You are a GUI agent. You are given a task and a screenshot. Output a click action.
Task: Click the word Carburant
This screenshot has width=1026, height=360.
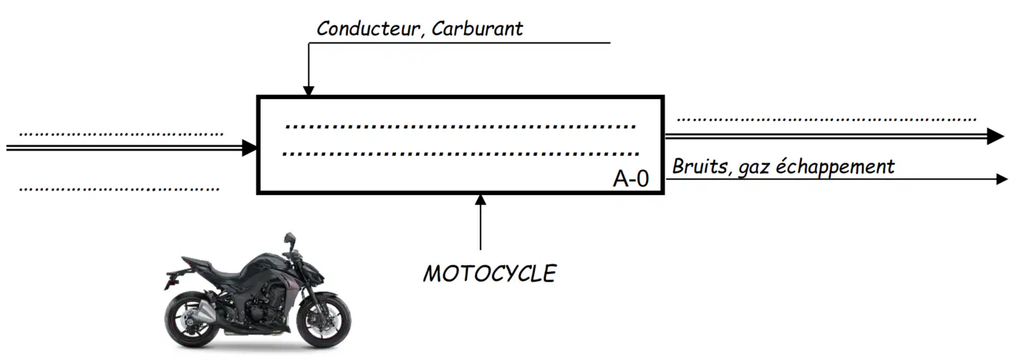[477, 28]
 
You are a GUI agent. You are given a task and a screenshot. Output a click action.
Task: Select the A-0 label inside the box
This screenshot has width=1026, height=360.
[631, 178]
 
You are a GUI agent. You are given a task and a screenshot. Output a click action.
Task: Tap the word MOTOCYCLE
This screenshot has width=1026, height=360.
[490, 273]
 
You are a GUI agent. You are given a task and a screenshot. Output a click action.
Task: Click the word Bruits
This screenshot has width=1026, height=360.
[700, 166]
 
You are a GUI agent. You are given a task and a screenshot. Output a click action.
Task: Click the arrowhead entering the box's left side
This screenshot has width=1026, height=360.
[249, 148]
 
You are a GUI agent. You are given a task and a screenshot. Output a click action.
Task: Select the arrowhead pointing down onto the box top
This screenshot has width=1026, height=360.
[309, 90]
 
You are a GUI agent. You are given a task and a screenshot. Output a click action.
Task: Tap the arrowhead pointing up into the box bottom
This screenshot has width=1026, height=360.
[480, 200]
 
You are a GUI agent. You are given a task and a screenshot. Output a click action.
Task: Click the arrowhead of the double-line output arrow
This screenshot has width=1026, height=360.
[995, 136]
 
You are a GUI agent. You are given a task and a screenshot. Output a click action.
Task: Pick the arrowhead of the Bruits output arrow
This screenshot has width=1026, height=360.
[1002, 179]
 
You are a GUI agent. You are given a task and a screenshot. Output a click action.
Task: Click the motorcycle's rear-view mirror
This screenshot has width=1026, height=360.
[289, 238]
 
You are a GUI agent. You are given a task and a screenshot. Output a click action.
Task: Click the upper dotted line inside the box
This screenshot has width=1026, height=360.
[460, 126]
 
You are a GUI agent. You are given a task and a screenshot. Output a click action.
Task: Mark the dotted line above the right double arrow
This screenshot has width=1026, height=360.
[826, 119]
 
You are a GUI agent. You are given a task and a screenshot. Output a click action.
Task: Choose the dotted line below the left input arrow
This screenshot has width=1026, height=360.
[119, 189]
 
